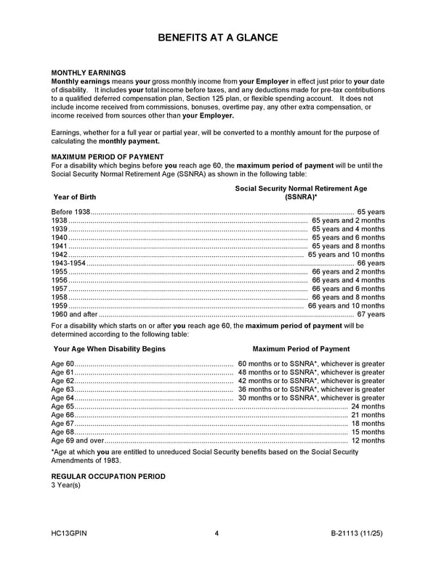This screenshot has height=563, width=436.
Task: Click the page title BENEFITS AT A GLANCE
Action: click(x=218, y=38)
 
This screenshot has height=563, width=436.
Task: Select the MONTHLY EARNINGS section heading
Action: click(x=88, y=73)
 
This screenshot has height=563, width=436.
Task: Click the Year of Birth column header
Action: click(x=74, y=197)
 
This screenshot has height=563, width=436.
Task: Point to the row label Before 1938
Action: click(x=70, y=212)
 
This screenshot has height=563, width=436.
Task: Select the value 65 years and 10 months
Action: click(x=347, y=255)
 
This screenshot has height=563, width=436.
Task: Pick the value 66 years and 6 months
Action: click(x=348, y=289)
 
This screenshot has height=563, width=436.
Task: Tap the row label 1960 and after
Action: click(x=74, y=315)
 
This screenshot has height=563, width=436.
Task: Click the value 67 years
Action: click(x=371, y=315)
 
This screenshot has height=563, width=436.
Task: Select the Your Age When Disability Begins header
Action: click(x=109, y=349)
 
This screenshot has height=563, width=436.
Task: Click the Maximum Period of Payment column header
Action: click(x=301, y=349)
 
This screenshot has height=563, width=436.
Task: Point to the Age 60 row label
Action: click(x=62, y=363)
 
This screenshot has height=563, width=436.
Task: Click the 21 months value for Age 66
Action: click(x=368, y=415)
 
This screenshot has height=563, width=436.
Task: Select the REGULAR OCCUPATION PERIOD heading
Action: click(x=108, y=477)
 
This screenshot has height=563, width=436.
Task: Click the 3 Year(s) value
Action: click(x=65, y=485)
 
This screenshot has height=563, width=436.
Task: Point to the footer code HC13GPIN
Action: click(x=70, y=535)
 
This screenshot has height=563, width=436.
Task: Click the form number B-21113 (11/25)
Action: click(x=357, y=535)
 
